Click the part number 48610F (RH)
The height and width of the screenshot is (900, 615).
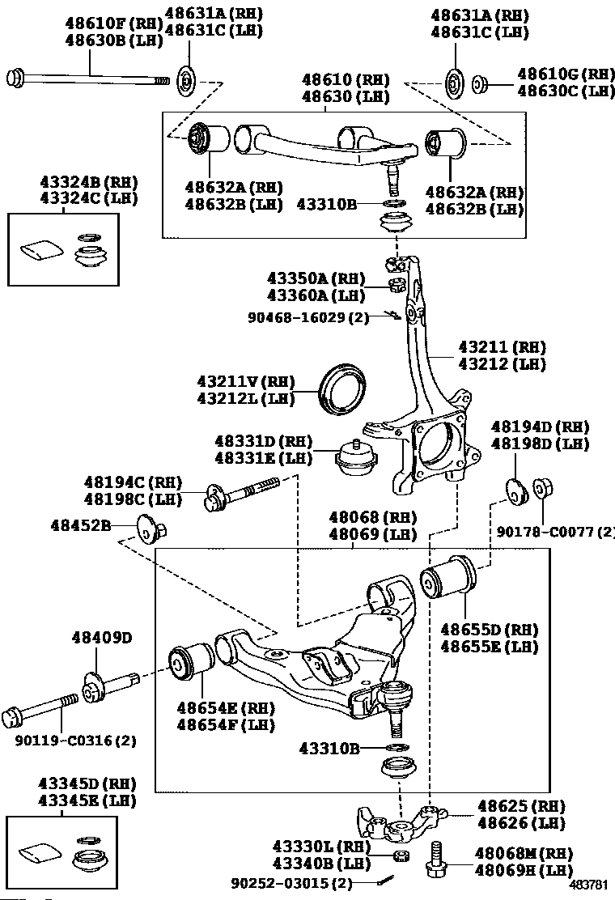pos(113,23)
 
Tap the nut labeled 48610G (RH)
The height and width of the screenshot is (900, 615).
pos(480,86)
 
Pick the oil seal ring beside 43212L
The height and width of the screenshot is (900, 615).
pos(342,388)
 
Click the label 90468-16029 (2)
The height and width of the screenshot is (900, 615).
pos(308,316)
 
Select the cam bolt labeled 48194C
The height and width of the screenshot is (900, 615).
pos(241,492)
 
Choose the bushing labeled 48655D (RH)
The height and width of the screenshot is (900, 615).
pos(448,577)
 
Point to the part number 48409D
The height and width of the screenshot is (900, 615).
pos(101,637)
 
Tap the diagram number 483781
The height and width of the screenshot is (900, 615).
pos(588,885)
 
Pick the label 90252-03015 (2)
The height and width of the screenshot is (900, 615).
pos(292,882)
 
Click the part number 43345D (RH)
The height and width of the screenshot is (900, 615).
pos(87,783)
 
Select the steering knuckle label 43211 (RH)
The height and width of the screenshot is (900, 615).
pos(502,346)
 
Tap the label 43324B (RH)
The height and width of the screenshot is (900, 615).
pos(89,182)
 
